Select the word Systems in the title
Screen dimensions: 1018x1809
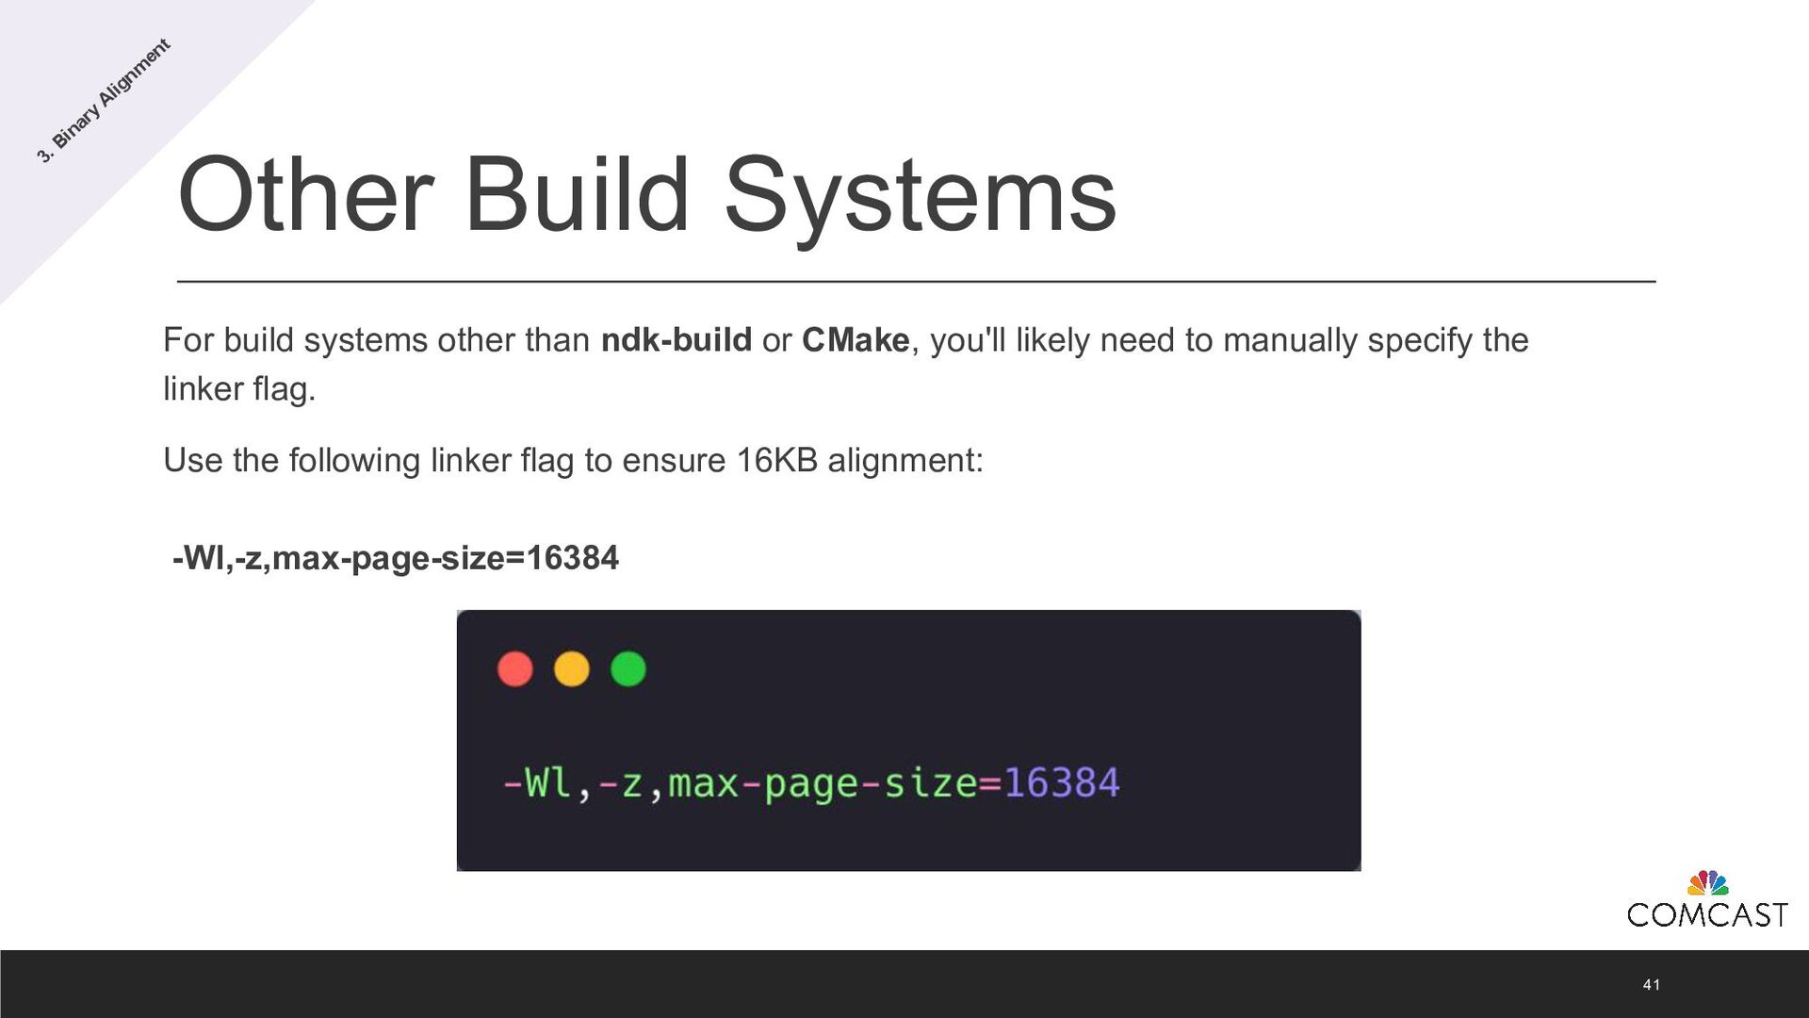920,195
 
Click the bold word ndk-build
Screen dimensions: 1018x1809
676,340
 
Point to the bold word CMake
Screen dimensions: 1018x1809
856,340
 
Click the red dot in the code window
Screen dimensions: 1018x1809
514,669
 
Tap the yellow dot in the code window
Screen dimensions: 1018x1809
571,669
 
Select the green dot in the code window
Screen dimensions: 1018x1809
627,669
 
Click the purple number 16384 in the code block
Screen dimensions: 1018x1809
1061,783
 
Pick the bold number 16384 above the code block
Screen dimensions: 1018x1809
572,558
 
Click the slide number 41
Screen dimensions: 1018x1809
1651,984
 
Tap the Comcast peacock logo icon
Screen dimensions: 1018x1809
1707,883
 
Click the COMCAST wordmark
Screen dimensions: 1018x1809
1706,914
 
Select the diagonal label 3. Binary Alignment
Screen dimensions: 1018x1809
104,101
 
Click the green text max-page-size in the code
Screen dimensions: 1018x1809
823,783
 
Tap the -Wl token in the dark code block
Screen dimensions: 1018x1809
537,783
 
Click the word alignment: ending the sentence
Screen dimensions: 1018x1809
904,461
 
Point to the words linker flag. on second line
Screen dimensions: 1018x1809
239,388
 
